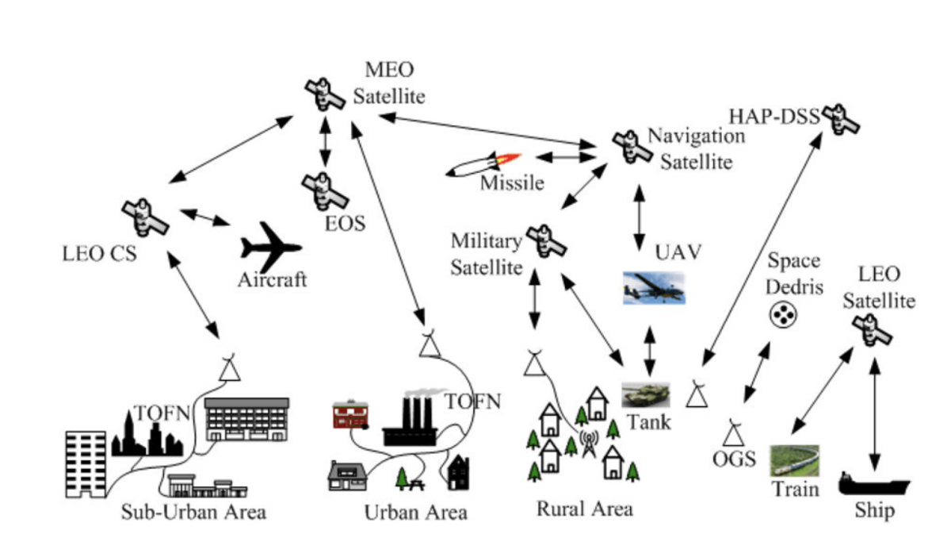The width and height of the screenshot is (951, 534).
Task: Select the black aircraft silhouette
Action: tap(269, 247)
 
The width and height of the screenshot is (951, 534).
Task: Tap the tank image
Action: tap(646, 394)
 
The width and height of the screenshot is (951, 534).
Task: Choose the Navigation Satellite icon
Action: tap(630, 145)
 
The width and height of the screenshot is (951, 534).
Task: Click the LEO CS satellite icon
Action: tap(144, 215)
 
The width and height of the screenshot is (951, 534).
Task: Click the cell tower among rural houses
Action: tap(588, 444)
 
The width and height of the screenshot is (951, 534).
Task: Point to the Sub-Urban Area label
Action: tap(193, 511)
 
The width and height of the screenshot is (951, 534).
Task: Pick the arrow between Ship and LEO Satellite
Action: tap(874, 412)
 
